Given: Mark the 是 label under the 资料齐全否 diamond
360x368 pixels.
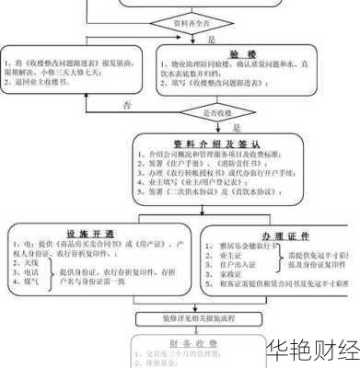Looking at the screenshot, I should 211,41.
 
